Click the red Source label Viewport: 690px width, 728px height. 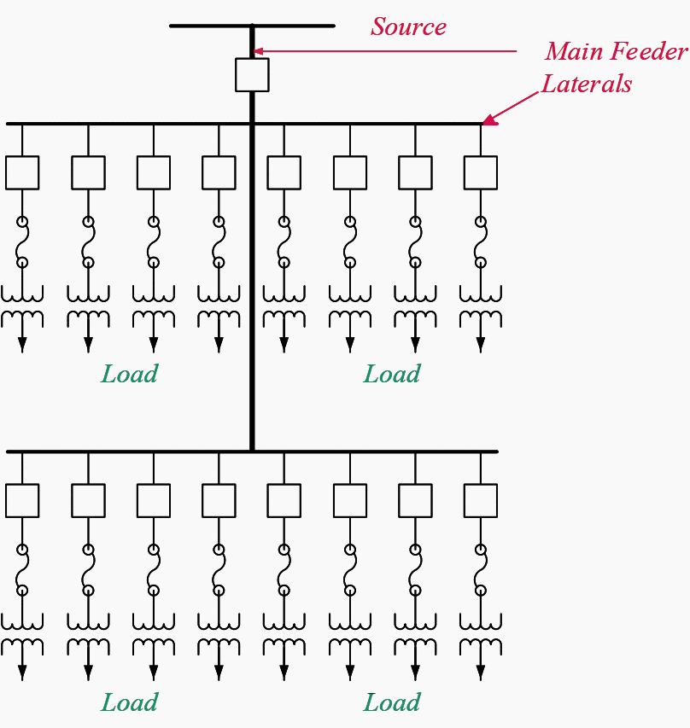click(408, 26)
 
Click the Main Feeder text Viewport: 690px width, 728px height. click(616, 51)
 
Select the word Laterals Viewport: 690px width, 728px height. click(587, 84)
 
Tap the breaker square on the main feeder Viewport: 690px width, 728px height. click(252, 74)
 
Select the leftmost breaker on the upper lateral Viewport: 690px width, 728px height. click(22, 172)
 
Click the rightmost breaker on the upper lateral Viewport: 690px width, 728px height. click(480, 172)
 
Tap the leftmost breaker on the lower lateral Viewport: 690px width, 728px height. click(22, 500)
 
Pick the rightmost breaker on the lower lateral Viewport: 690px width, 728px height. click(480, 500)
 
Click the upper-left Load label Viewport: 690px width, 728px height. click(129, 374)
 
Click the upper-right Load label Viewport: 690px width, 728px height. click(392, 374)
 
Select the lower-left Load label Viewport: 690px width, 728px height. click(129, 702)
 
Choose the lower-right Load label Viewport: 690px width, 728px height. click(392, 702)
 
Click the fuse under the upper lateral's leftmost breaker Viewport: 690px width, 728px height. click(22, 242)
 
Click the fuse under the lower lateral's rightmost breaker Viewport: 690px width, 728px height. click(480, 569)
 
